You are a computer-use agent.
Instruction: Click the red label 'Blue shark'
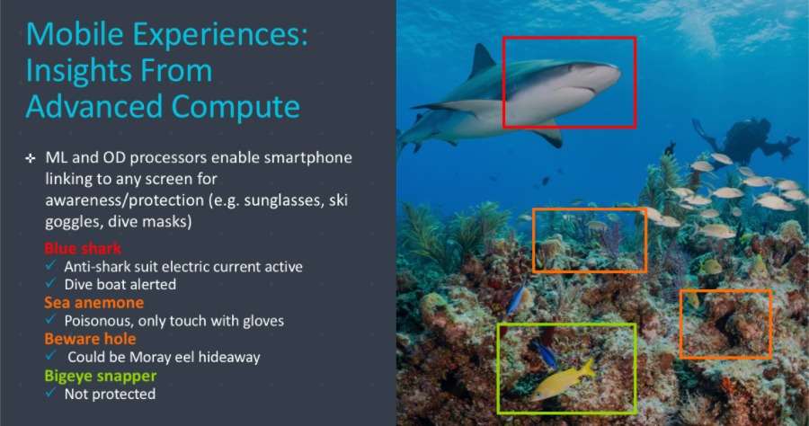point(83,248)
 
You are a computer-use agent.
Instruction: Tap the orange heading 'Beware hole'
point(90,339)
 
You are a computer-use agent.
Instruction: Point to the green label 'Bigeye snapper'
point(100,376)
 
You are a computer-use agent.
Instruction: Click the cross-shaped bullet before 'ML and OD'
point(31,159)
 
